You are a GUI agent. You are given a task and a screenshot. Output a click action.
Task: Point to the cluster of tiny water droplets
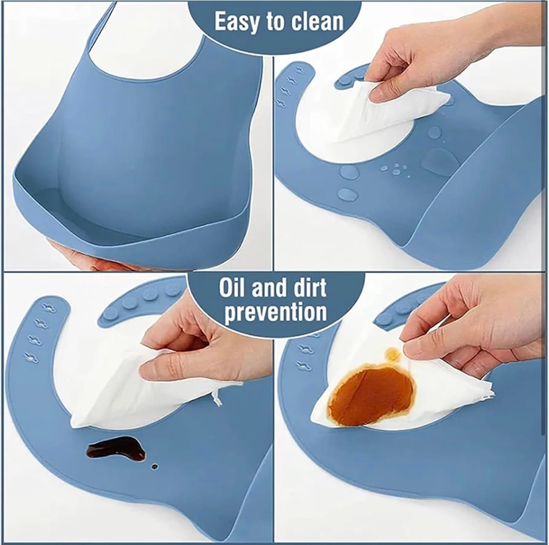[x=395, y=169]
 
